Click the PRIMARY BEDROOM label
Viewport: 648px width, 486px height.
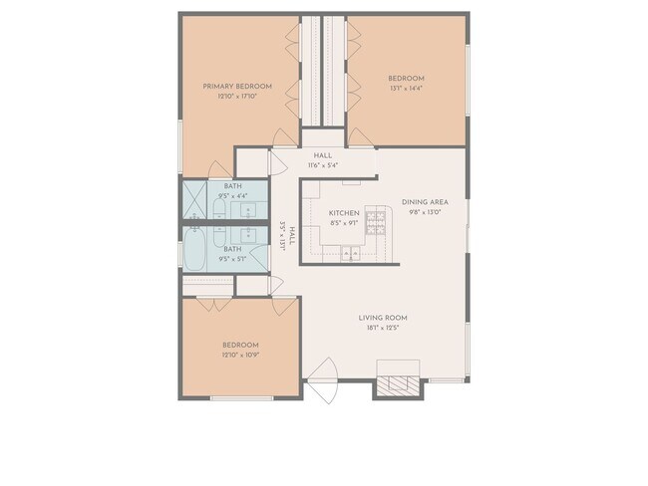point(237,87)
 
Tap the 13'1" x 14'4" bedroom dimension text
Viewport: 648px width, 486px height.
point(406,89)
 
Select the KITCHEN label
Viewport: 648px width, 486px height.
point(344,213)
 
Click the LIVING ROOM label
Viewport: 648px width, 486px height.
point(383,319)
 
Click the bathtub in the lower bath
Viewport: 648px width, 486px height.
point(195,250)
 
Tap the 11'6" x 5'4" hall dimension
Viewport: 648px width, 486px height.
point(322,165)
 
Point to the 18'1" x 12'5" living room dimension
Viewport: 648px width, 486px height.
point(383,329)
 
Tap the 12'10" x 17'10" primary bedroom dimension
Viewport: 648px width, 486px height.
point(237,97)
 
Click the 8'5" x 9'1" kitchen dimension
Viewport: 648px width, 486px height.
point(344,223)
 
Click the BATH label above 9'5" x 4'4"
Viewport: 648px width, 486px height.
point(232,186)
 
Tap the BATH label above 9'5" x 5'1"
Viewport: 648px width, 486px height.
point(232,249)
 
